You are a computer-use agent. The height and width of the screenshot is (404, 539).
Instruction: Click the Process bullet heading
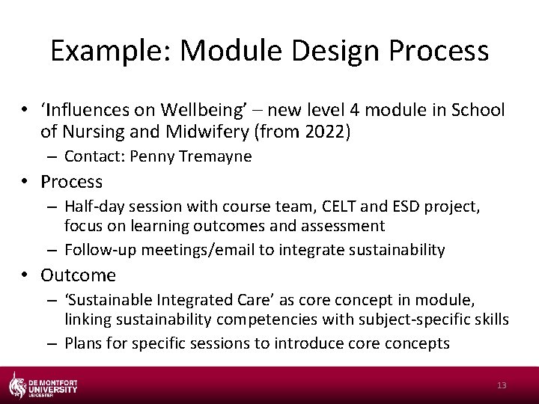71,182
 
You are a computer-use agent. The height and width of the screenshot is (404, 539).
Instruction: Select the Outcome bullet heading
78,275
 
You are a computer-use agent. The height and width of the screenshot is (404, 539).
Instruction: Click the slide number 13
502,385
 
